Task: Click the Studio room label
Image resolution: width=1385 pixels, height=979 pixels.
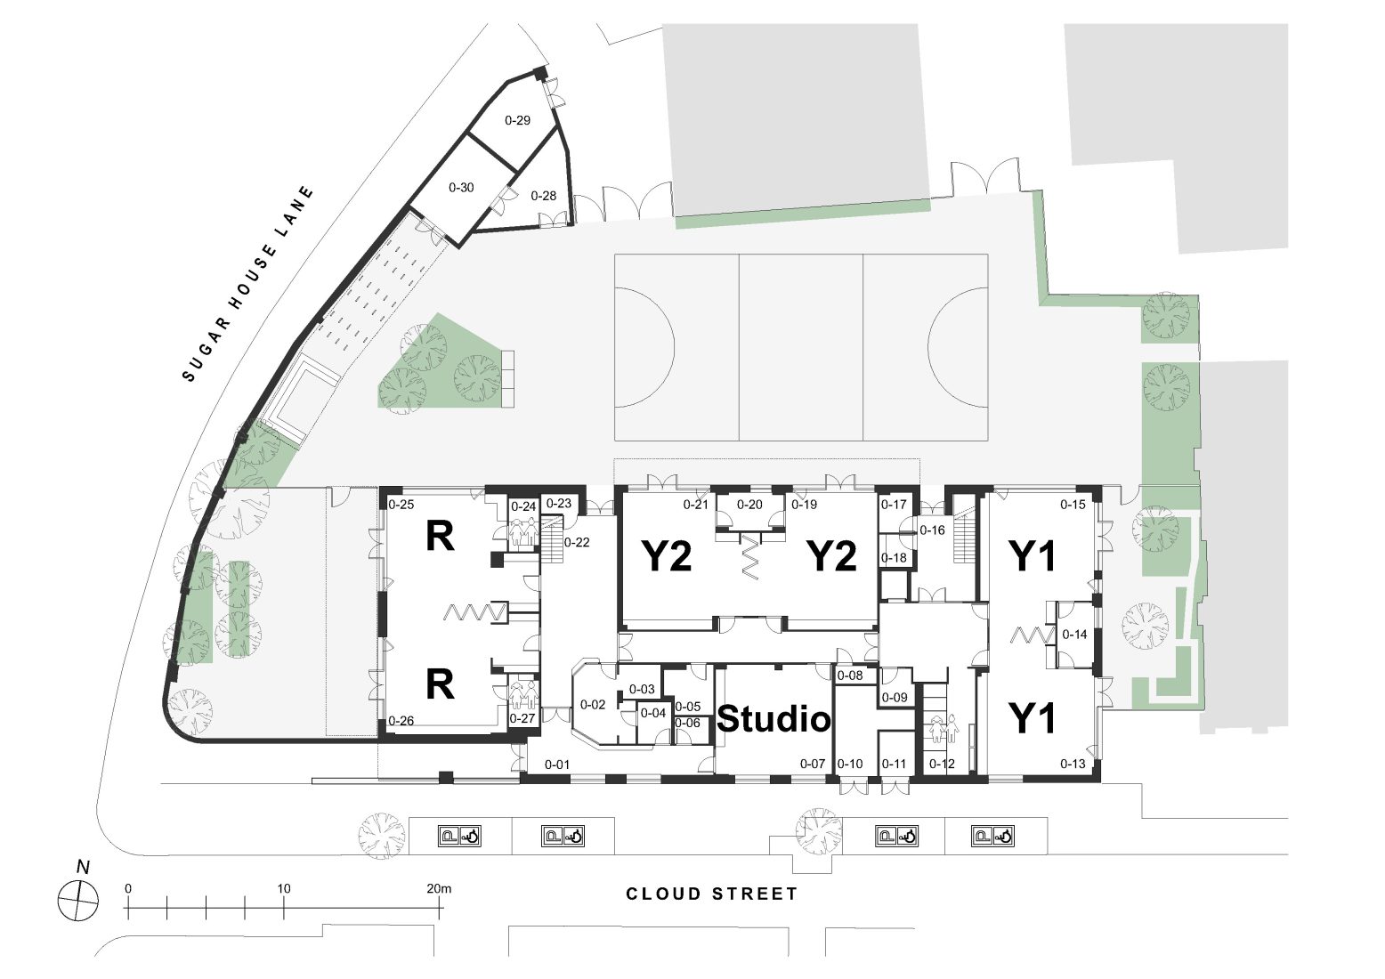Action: [x=773, y=719]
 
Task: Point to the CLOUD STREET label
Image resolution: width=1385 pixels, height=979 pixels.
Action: [x=712, y=894]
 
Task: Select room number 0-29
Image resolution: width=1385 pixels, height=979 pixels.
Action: [x=517, y=120]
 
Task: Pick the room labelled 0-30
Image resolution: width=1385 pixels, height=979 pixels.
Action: [x=461, y=188]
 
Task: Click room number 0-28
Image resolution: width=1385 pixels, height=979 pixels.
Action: [x=543, y=196]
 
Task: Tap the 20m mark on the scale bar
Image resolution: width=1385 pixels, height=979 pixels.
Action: [x=439, y=888]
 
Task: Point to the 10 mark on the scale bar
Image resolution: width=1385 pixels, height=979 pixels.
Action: [x=284, y=888]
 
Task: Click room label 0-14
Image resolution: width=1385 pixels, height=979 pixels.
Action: [x=1074, y=635]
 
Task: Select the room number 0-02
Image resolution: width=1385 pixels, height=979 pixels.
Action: [x=593, y=705]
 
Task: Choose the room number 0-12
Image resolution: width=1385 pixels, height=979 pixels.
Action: [x=942, y=764]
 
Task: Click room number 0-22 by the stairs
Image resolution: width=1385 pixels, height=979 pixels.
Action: [x=577, y=543]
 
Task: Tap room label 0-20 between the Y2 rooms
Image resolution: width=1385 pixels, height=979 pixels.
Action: [x=750, y=505]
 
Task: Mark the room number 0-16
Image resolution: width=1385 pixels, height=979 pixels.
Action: [x=932, y=530]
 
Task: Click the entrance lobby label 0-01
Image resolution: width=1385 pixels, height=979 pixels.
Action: [x=557, y=764]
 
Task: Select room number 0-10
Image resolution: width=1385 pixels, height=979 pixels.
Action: [x=850, y=764]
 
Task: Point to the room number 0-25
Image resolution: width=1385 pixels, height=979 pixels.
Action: [x=401, y=505]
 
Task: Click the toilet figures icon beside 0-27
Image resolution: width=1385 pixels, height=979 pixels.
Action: [x=523, y=692]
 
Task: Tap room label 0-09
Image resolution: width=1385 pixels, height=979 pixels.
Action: [x=895, y=697]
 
